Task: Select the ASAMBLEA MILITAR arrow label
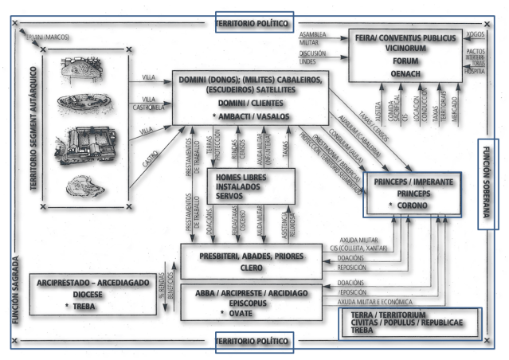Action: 314,39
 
